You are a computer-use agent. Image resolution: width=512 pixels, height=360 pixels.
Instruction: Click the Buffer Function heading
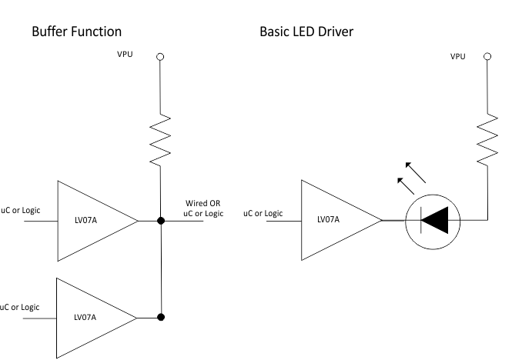coord(76,32)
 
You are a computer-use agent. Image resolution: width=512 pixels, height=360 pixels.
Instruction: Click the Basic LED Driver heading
coord(306,32)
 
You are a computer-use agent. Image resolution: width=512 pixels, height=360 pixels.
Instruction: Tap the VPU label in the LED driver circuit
coord(457,57)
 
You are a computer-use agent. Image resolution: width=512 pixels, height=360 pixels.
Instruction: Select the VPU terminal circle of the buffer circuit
coord(160,56)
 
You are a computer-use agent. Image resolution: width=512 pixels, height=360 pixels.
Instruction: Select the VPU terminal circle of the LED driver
coord(487,56)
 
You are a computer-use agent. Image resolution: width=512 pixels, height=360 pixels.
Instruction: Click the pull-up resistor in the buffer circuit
coord(160,138)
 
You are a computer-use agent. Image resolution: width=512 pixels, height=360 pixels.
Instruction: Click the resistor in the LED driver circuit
coord(487,138)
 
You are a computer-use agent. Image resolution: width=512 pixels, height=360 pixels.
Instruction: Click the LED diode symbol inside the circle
coord(435,221)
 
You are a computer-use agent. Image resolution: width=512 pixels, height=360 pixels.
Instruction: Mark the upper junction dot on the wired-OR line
coord(160,221)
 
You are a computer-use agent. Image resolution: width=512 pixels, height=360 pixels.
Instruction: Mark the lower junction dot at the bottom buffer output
coord(160,316)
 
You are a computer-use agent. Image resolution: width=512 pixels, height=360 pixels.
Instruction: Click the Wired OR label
coord(203,202)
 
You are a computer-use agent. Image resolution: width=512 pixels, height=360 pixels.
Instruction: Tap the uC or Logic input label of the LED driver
coord(263,212)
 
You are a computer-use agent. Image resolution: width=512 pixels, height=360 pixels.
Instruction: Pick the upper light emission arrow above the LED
coord(417,171)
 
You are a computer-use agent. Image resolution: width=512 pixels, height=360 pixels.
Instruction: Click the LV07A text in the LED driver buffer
coord(329,220)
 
